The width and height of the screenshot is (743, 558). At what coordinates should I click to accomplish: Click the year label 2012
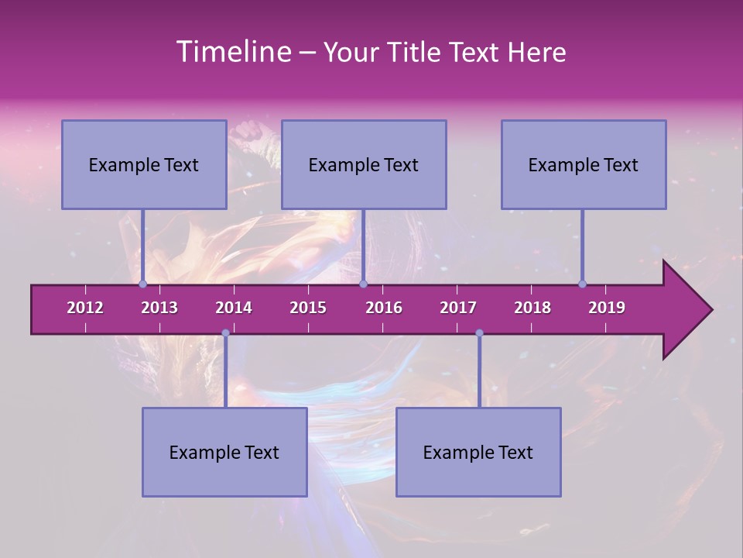tap(85, 308)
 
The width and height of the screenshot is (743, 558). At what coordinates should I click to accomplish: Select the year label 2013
tap(159, 308)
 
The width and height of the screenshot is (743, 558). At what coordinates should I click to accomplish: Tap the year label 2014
tap(234, 308)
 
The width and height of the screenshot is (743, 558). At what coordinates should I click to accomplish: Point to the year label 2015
tap(308, 308)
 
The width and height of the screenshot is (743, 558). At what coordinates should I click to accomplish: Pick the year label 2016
tap(384, 308)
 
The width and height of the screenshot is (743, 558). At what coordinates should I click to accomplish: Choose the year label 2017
tap(458, 308)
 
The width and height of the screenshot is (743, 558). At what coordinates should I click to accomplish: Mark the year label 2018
tap(532, 308)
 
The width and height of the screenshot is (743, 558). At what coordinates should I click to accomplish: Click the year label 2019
tap(607, 308)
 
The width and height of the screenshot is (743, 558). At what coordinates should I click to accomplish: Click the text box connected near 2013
tap(144, 164)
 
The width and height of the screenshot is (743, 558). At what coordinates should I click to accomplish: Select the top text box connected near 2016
tap(364, 164)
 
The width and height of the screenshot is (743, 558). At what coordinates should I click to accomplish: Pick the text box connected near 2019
tap(584, 164)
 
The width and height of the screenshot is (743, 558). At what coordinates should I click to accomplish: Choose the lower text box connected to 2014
tap(224, 452)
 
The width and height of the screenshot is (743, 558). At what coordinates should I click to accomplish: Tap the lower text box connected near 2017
tap(478, 452)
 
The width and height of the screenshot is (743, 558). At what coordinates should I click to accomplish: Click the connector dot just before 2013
tap(142, 284)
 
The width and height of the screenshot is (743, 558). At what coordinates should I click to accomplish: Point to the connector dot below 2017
tap(479, 333)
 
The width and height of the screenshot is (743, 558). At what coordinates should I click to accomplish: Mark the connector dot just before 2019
tap(582, 284)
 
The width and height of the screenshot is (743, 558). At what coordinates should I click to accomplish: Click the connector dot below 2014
tap(225, 333)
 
